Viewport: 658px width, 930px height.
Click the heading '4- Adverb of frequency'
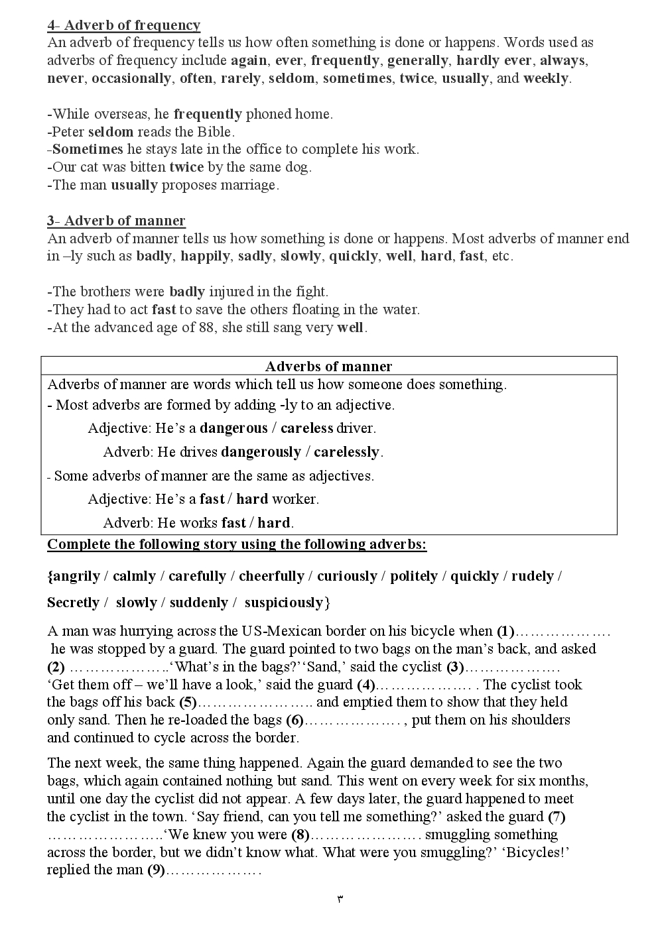click(123, 25)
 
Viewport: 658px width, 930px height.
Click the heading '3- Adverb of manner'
click(116, 221)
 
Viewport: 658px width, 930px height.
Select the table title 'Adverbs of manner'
click(328, 367)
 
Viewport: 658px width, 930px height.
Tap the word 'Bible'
click(212, 132)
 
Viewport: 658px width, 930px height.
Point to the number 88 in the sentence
click(206, 327)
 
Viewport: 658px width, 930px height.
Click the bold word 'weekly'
click(545, 78)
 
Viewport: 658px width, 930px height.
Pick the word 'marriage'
click(249, 185)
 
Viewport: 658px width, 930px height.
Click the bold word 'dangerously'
click(261, 452)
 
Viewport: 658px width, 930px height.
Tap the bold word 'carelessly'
click(346, 452)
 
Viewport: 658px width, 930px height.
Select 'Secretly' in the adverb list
click(73, 603)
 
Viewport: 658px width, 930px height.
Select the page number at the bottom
click(340, 900)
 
